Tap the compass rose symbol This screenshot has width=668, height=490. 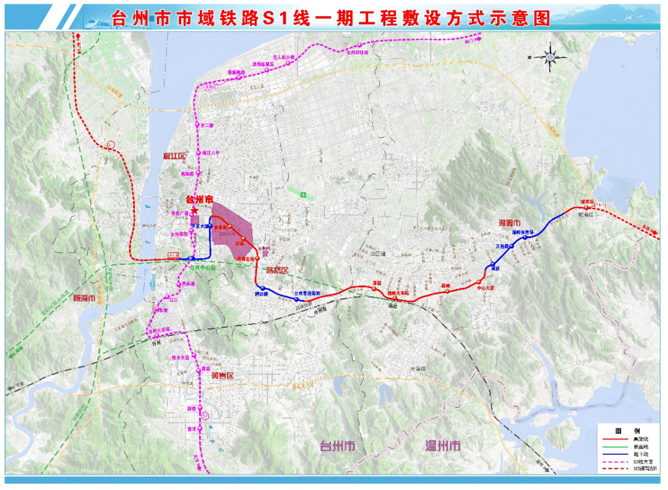click(549, 57)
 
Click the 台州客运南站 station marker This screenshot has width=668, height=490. click(297, 299)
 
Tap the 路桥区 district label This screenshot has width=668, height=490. click(277, 270)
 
